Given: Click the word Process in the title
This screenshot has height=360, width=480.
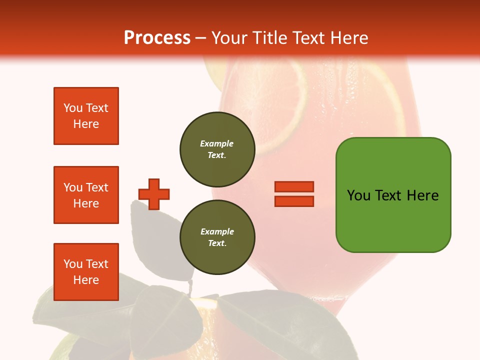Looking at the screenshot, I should [x=157, y=38].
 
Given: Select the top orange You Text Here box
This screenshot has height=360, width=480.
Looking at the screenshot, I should [x=86, y=116].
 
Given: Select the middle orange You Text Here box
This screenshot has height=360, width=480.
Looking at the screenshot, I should [x=86, y=195].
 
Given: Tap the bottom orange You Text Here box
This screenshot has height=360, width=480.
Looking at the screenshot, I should [x=86, y=272].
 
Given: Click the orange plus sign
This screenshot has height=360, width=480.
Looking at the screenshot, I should [x=154, y=194].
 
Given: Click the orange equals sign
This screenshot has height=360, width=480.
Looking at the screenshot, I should [x=294, y=194].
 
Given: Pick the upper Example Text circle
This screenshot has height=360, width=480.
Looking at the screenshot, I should [x=217, y=149].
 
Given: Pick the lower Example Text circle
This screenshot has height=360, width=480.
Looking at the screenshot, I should [x=217, y=237].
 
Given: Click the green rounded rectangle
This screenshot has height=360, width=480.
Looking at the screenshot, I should [x=393, y=195].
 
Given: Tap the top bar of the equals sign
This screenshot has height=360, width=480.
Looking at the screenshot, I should [x=294, y=187].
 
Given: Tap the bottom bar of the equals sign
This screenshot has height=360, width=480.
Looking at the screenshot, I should [x=294, y=201].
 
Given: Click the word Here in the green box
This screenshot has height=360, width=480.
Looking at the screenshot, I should [x=422, y=195].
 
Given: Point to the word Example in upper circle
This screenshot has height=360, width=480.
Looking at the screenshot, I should [x=217, y=143].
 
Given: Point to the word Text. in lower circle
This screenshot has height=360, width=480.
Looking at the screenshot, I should [x=217, y=243].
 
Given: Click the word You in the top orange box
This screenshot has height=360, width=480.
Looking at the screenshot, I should [x=73, y=108].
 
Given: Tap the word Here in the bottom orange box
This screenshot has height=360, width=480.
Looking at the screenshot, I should [x=86, y=280].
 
